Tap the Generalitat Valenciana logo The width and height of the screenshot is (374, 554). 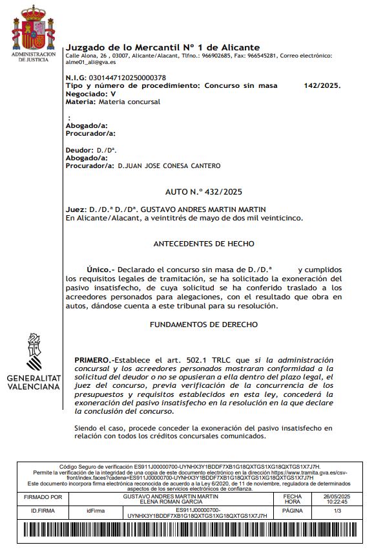34,362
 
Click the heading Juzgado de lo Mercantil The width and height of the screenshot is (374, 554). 163,47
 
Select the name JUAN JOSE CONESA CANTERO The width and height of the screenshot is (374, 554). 172,165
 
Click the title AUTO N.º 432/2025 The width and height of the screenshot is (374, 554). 203,192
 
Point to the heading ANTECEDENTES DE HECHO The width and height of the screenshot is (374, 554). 203,244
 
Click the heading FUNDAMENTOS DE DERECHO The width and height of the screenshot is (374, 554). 203,324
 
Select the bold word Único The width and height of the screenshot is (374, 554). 100,268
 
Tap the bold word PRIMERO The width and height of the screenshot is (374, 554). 92,359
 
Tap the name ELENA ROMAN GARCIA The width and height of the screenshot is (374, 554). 198,501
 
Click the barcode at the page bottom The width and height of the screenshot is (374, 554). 187,531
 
